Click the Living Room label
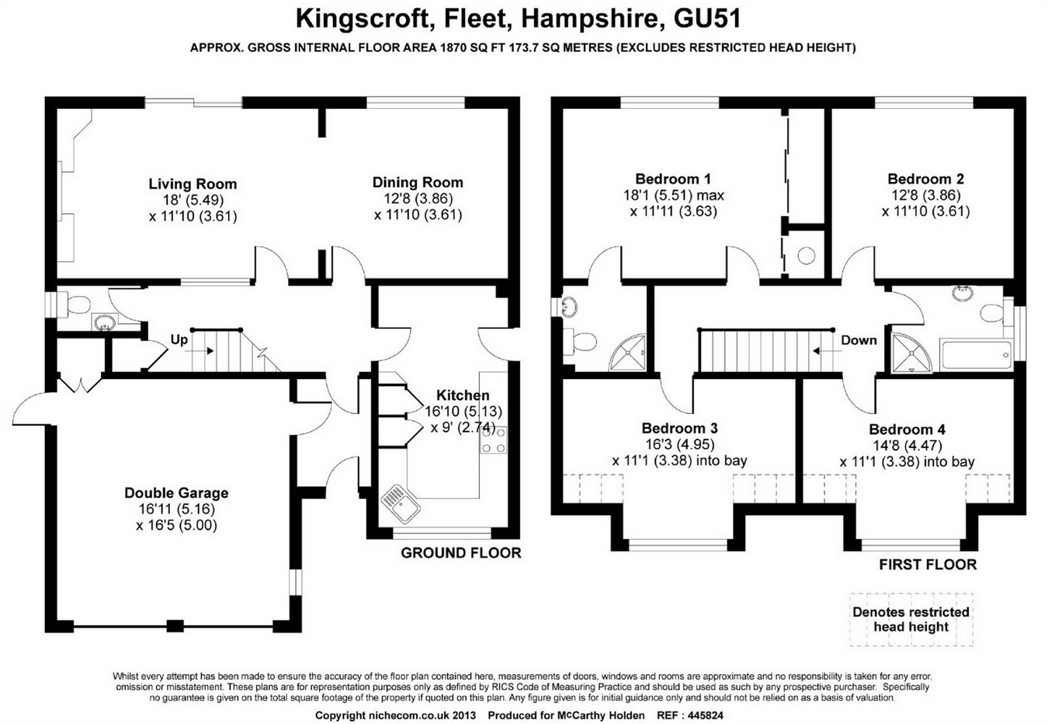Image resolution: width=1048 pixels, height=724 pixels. point(193,184)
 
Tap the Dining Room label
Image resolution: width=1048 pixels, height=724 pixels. point(418,183)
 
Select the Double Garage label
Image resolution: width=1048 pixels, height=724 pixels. point(176,493)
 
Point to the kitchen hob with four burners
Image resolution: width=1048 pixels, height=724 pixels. point(494,440)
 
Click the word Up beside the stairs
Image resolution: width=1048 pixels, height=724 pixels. point(179,340)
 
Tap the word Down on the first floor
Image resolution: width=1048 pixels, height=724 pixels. point(859,340)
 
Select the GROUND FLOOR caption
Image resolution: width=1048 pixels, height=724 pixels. point(460,553)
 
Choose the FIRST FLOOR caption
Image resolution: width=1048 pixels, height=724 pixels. point(928,565)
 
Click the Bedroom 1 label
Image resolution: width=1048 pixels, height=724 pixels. point(672,179)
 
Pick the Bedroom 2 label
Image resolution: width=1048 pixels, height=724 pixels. point(925,179)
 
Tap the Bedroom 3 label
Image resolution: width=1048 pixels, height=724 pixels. point(679,428)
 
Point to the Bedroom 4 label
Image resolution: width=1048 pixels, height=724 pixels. point(907,430)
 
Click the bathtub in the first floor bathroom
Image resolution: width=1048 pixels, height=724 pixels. point(975,355)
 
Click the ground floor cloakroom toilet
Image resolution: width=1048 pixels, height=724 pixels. point(76,305)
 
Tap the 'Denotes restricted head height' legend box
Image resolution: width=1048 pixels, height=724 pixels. point(911,619)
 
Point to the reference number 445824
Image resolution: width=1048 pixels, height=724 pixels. point(701,715)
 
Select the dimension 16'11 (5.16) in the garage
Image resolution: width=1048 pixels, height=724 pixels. point(176,509)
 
